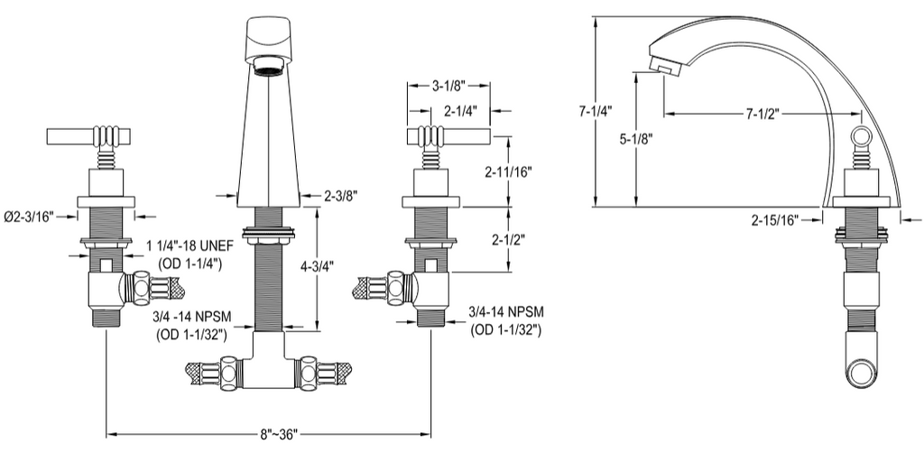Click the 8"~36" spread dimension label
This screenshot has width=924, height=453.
tap(280, 435)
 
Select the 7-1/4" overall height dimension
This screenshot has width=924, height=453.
tap(596, 110)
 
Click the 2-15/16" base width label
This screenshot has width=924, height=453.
tap(775, 221)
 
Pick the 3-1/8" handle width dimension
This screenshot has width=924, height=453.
tap(449, 86)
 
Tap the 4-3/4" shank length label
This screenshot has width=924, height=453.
tap(317, 266)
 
